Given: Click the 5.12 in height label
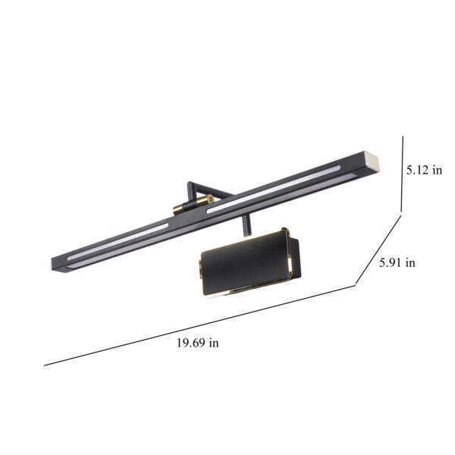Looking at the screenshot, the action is (424, 170).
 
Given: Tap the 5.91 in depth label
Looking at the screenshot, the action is (397, 262).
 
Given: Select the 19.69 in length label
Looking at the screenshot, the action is (198, 343).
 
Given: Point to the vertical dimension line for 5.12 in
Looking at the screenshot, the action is (402, 174).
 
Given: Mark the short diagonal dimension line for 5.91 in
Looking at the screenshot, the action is (378, 249).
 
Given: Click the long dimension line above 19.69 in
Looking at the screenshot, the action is (200, 325).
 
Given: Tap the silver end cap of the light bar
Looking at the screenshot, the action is (372, 162).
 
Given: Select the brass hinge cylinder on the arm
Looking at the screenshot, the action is (193, 204).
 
